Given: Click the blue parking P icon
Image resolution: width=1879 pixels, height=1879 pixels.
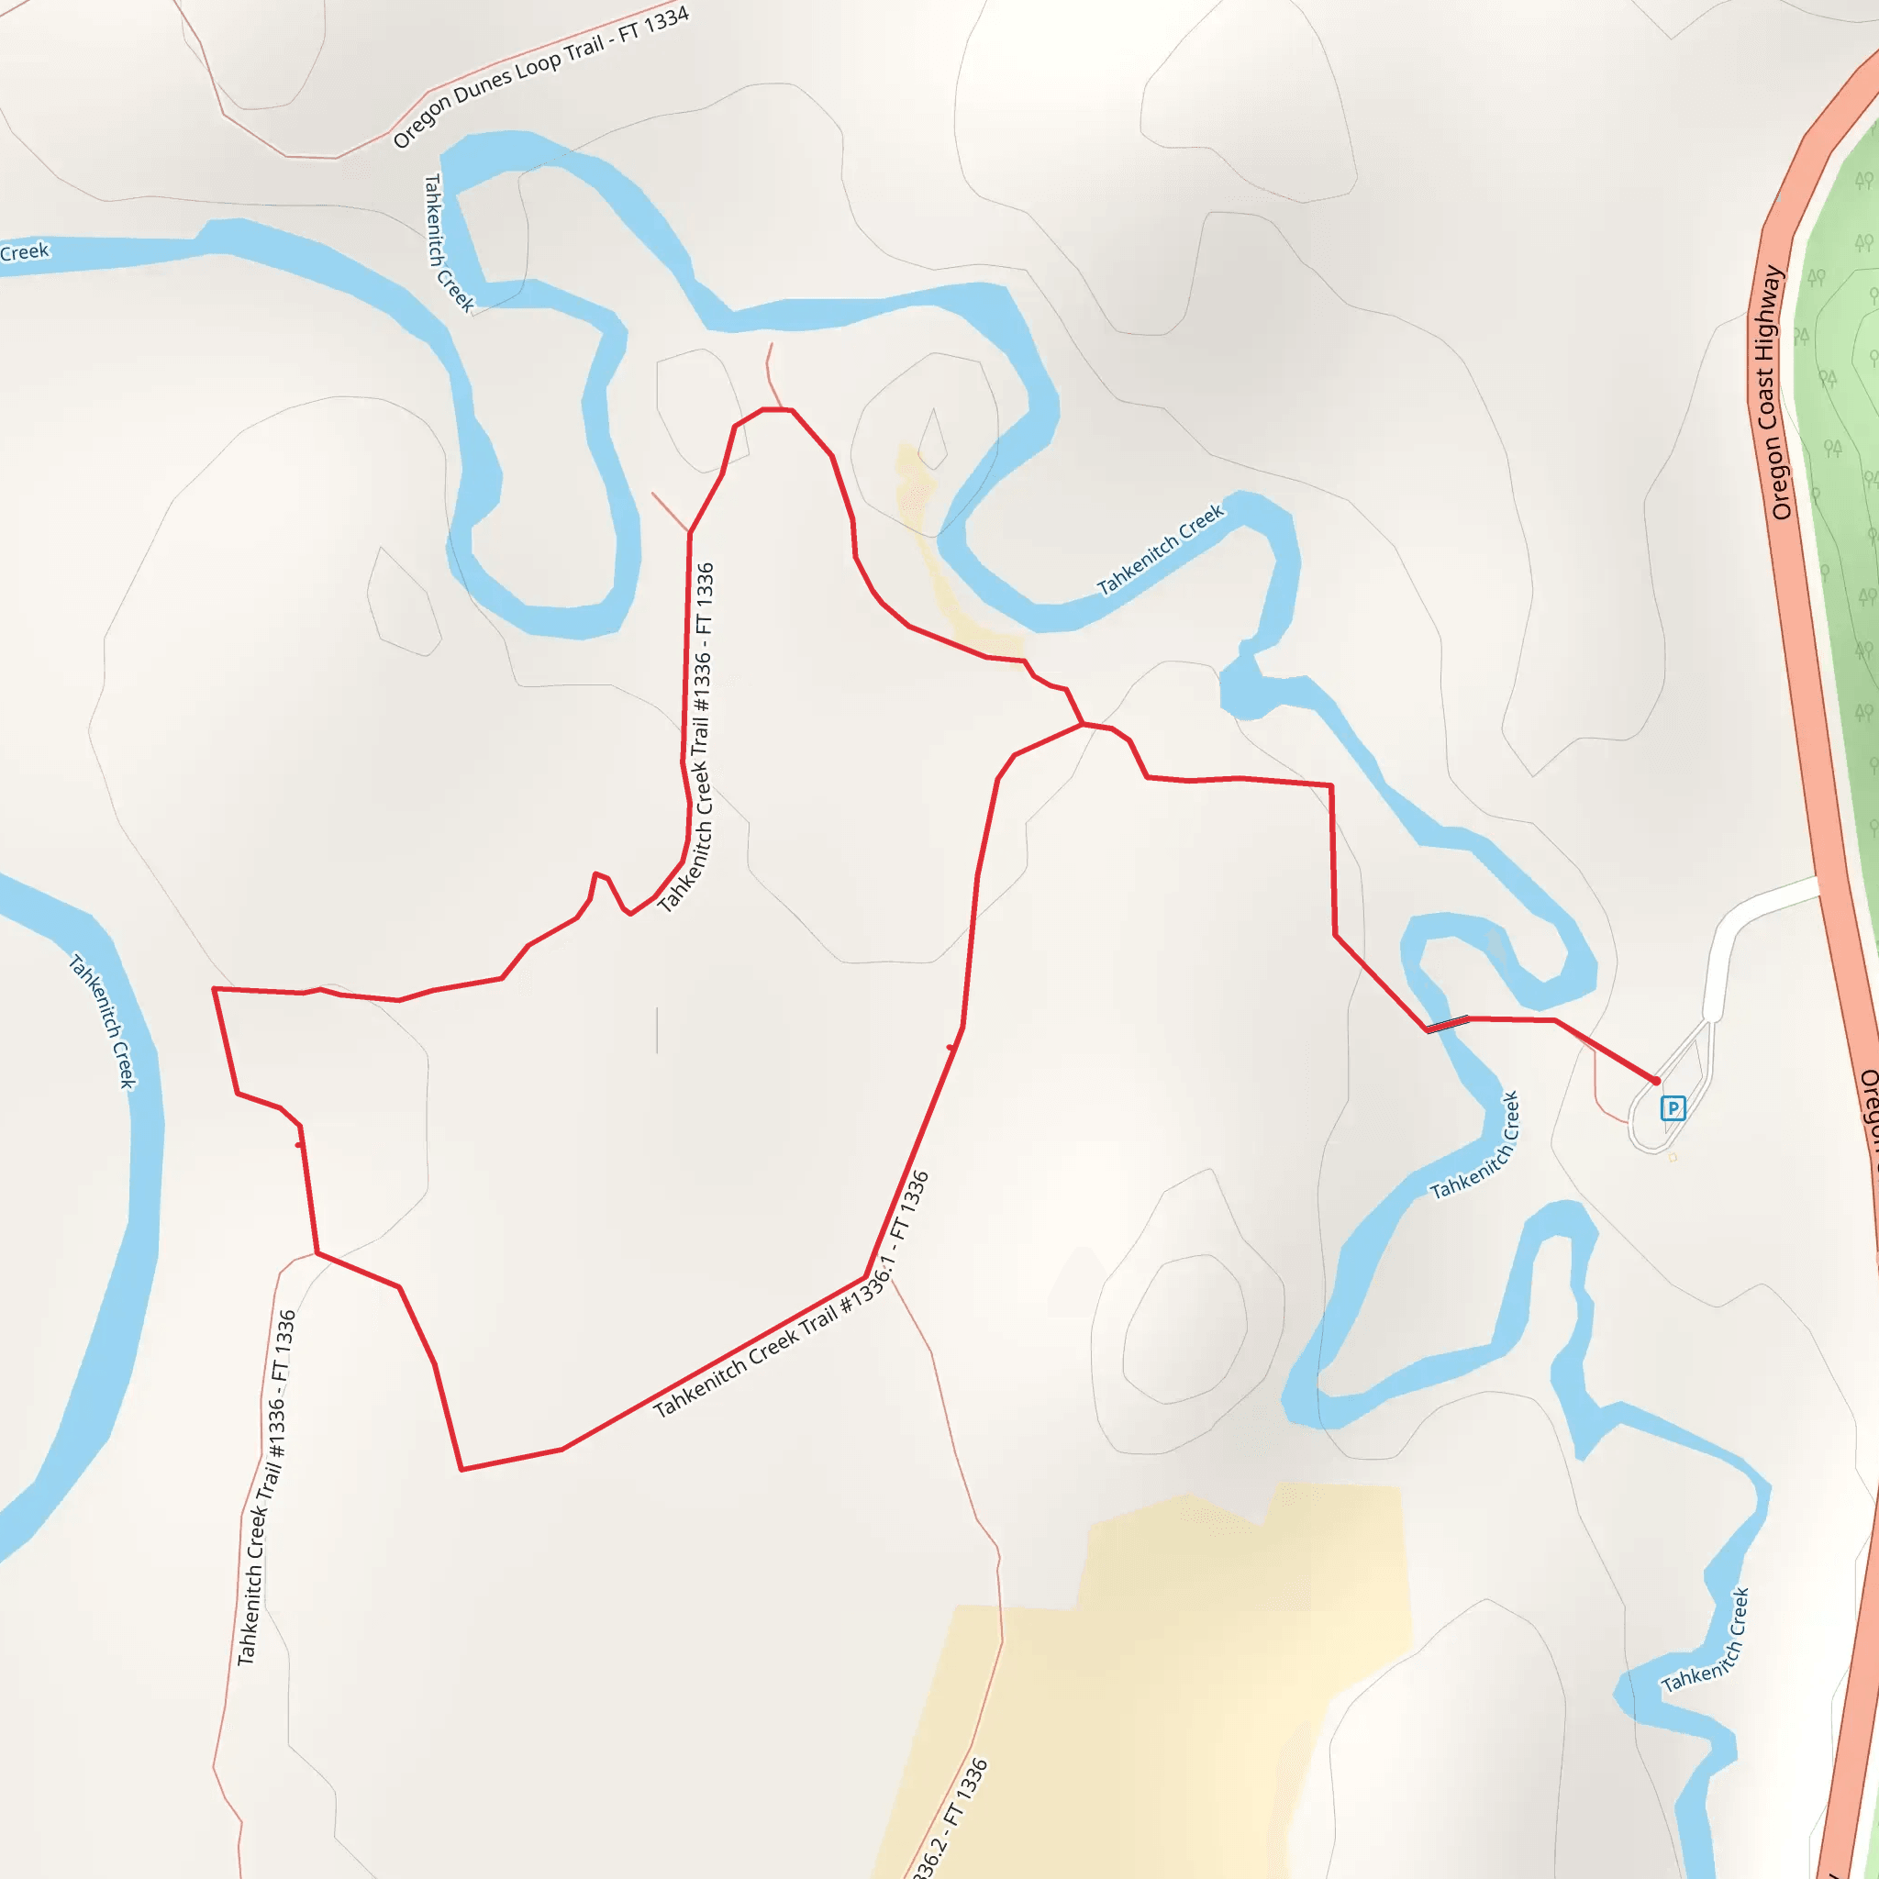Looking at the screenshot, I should click(x=1672, y=1107).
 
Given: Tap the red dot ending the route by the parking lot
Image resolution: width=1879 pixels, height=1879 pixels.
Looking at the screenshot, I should click(x=1656, y=1081).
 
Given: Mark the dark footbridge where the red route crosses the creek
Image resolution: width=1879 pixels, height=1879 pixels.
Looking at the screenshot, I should click(x=1447, y=1023).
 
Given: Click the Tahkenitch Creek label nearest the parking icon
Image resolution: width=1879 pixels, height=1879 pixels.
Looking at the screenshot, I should click(x=1474, y=1148).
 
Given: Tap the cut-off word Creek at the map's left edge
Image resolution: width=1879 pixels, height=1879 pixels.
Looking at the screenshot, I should click(x=25, y=253).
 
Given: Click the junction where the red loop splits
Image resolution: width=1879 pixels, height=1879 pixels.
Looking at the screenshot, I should click(x=1083, y=725).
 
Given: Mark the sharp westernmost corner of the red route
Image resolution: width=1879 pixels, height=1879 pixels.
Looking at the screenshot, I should click(x=214, y=989).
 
